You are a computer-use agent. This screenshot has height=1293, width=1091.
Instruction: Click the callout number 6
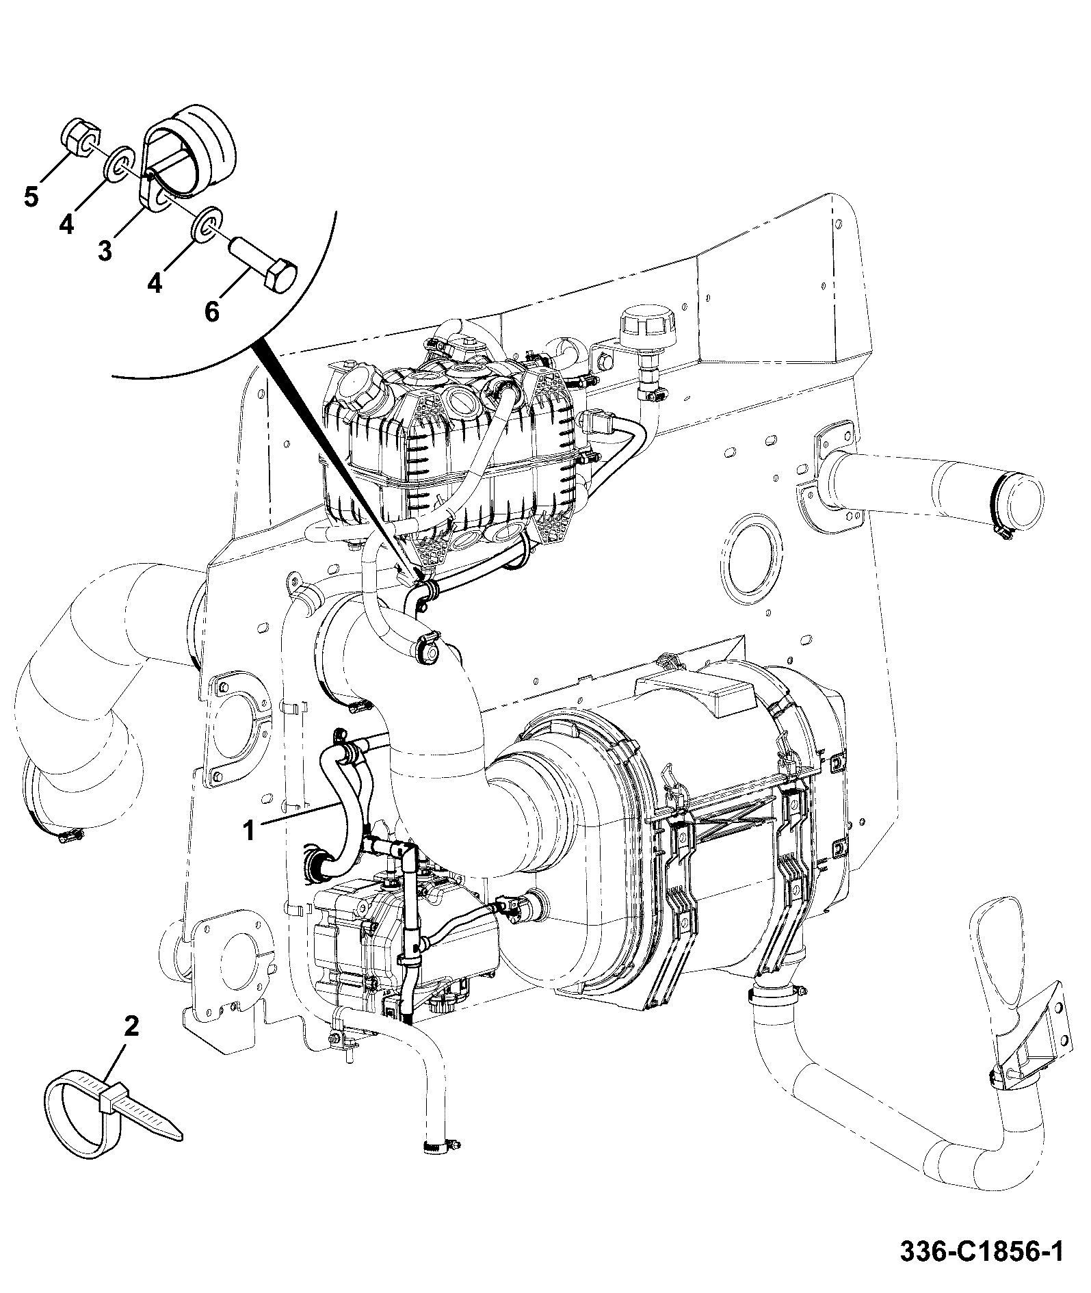coord(211,311)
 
